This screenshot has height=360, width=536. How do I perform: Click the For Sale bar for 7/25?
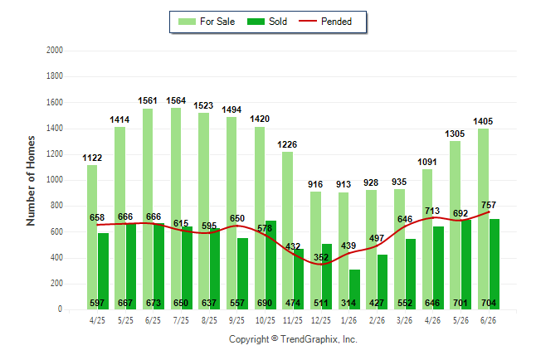coord(176,208)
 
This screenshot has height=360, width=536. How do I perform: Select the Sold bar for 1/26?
coord(354,289)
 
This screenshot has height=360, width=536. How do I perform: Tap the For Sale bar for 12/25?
coord(316,251)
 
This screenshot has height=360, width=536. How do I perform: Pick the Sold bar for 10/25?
coord(270,265)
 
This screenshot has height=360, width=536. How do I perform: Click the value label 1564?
coord(176,100)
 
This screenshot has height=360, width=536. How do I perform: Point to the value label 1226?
coord(287,144)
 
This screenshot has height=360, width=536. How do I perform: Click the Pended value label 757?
coord(489,205)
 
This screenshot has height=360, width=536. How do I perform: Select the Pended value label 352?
coord(321,257)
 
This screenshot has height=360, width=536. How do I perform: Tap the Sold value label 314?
coord(348,303)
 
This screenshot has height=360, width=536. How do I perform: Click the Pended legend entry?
coord(325,22)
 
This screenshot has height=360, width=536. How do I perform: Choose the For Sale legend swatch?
coord(187,22)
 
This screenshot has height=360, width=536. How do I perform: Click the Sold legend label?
coord(278,22)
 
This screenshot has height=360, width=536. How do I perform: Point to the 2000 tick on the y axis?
coord(55,51)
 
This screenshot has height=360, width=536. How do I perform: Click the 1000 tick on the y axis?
coord(55,180)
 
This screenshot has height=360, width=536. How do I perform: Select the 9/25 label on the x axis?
coord(236,320)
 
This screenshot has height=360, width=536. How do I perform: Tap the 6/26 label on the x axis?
coord(488,320)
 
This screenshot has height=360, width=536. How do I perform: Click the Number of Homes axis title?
coord(31,181)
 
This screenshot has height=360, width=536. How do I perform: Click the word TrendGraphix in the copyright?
coord(309,339)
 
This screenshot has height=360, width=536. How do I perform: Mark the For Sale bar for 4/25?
coord(92,237)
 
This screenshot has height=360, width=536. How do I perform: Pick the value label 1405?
coord(483,121)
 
